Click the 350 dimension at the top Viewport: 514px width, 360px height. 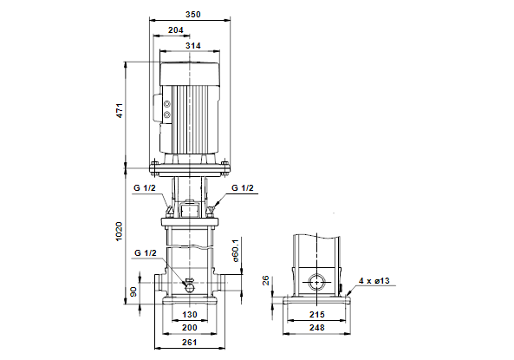192,15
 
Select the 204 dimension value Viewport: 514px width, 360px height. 176,30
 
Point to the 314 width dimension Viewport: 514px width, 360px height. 192,46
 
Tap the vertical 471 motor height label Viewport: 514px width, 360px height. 120,110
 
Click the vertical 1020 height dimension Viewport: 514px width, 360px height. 119,232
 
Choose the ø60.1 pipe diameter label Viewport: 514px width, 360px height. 236,251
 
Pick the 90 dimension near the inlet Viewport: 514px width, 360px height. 133,291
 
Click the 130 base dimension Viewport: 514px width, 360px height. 190,315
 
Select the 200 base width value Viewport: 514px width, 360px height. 190,328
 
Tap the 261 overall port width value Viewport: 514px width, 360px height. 190,343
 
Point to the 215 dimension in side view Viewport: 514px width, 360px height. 317,315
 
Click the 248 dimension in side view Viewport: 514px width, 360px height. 317,328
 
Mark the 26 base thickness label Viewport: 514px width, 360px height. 265,280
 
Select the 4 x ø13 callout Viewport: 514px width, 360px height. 374,281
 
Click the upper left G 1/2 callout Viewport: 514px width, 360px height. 145,188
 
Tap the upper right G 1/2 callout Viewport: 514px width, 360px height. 243,188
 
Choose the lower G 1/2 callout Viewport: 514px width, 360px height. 146,253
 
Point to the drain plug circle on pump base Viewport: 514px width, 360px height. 190,288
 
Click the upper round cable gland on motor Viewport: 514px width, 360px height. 167,104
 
